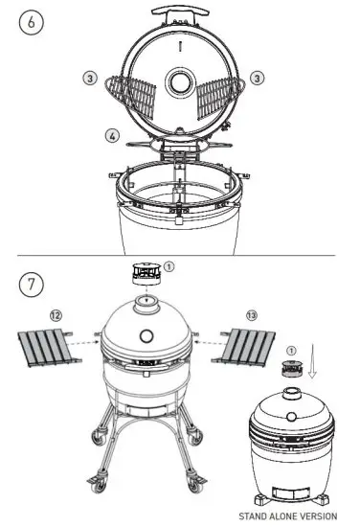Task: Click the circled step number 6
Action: click(31, 24)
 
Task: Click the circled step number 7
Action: click(31, 285)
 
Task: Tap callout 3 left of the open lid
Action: click(88, 78)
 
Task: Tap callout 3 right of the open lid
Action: click(257, 76)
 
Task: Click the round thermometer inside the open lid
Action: click(178, 83)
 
